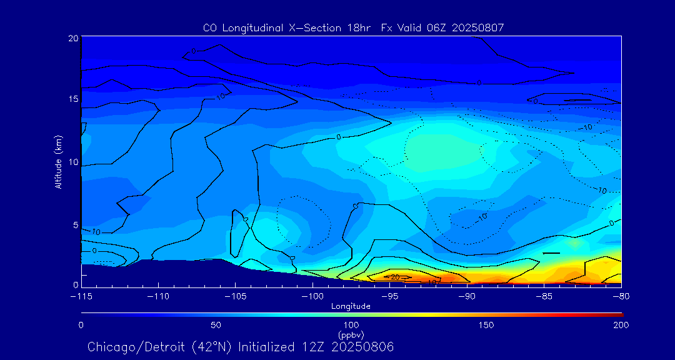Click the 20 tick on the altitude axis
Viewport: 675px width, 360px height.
[73, 38]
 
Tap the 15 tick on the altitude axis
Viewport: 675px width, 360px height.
[73, 99]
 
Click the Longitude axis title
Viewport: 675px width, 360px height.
[351, 306]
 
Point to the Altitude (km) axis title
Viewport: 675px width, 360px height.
[59, 162]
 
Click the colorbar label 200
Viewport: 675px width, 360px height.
[621, 325]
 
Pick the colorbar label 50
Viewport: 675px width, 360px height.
[216, 325]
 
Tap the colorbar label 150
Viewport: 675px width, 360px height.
[486, 325]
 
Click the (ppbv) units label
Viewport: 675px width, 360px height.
[351, 334]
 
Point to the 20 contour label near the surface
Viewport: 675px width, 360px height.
[395, 277]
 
